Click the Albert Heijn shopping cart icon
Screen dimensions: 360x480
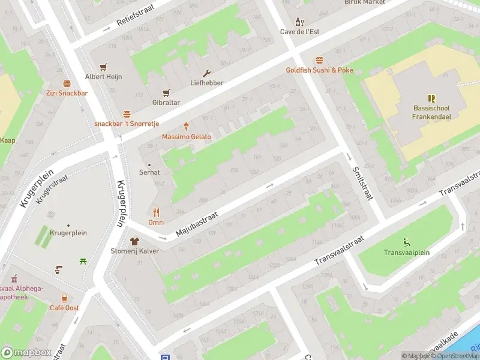pyautogui.click(x=103, y=67)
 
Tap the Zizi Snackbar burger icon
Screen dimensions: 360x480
pyautogui.click(x=67, y=83)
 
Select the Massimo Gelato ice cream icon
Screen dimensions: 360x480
pyautogui.click(x=187, y=126)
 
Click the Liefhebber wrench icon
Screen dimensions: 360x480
pyautogui.click(x=207, y=73)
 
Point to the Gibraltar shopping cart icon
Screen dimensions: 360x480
pyautogui.click(x=166, y=92)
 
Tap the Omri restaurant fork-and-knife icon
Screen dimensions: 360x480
pyautogui.click(x=156, y=212)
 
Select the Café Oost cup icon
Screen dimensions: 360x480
pyautogui.click(x=64, y=298)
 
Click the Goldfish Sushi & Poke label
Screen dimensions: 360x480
pyautogui.click(x=319, y=70)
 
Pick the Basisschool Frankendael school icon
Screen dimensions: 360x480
pyautogui.click(x=431, y=98)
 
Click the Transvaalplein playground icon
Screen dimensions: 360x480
pyautogui.click(x=407, y=242)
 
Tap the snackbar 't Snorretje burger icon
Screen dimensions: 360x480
pyautogui.click(x=127, y=113)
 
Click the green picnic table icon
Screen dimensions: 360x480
pyautogui.click(x=83, y=260)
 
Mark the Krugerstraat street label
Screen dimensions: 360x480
pyautogui.click(x=52, y=189)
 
